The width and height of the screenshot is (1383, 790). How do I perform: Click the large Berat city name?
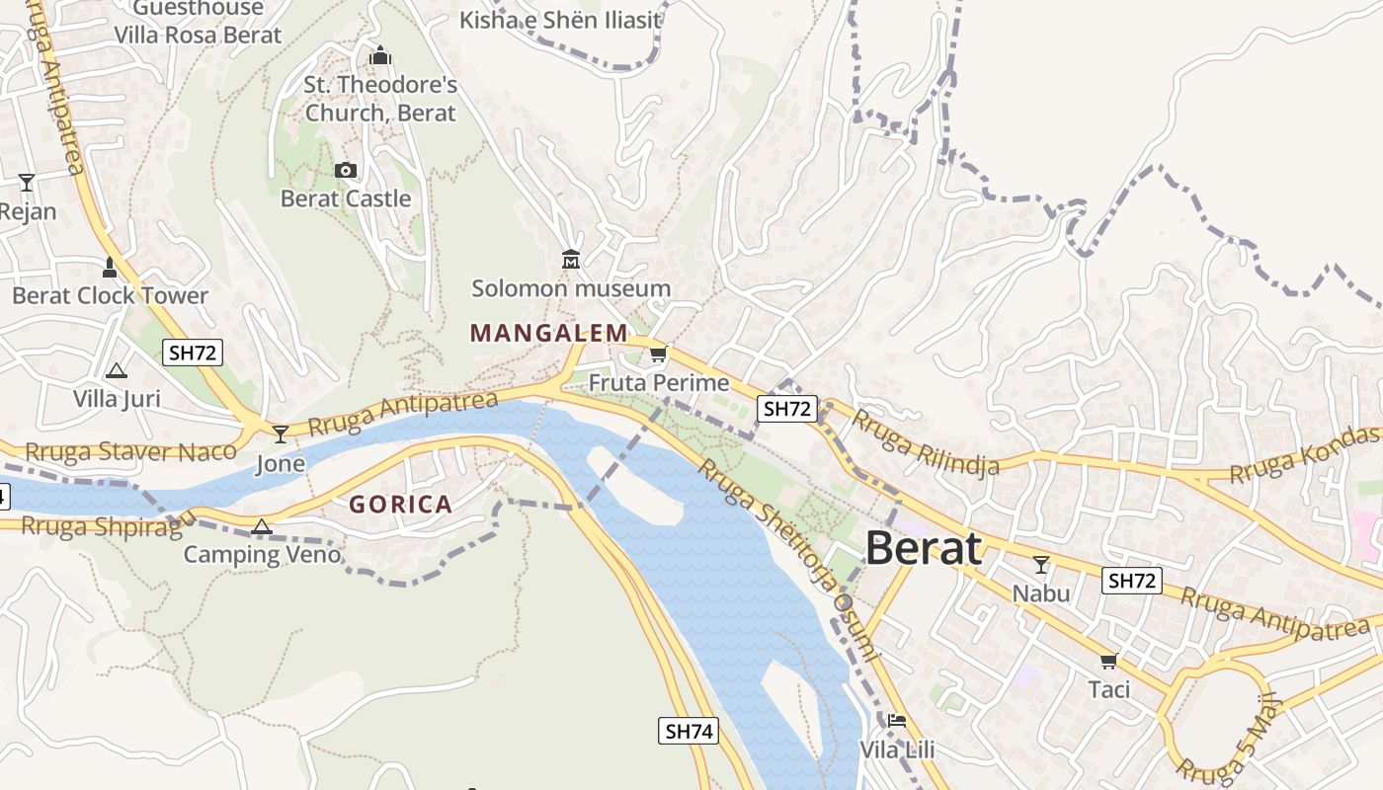point(924,548)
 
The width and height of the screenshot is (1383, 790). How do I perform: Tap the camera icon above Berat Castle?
point(345,171)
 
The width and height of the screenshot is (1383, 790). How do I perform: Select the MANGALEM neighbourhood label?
point(548,333)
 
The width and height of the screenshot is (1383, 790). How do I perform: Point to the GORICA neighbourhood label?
point(400,505)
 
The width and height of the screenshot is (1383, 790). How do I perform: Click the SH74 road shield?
point(688,731)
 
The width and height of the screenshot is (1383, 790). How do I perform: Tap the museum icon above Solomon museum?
point(570,260)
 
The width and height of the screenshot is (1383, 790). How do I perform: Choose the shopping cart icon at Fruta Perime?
point(658,354)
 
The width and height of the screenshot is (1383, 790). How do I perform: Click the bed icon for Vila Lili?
point(896,720)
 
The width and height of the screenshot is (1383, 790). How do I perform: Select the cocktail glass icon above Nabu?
point(1040,565)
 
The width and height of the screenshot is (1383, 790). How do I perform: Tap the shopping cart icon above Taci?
point(1108,661)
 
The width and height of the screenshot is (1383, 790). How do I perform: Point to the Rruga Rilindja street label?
point(926,442)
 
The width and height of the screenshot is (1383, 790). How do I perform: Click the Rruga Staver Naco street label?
point(130,452)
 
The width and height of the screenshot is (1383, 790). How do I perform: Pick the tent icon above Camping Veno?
point(261,526)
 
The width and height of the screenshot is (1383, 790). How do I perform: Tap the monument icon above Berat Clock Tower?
point(110,267)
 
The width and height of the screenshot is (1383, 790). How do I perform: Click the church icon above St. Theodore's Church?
point(380,55)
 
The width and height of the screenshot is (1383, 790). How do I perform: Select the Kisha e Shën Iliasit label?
point(560,19)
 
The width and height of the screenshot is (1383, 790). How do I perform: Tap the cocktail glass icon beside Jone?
point(281,434)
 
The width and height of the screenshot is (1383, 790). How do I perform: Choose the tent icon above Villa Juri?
point(117,371)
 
